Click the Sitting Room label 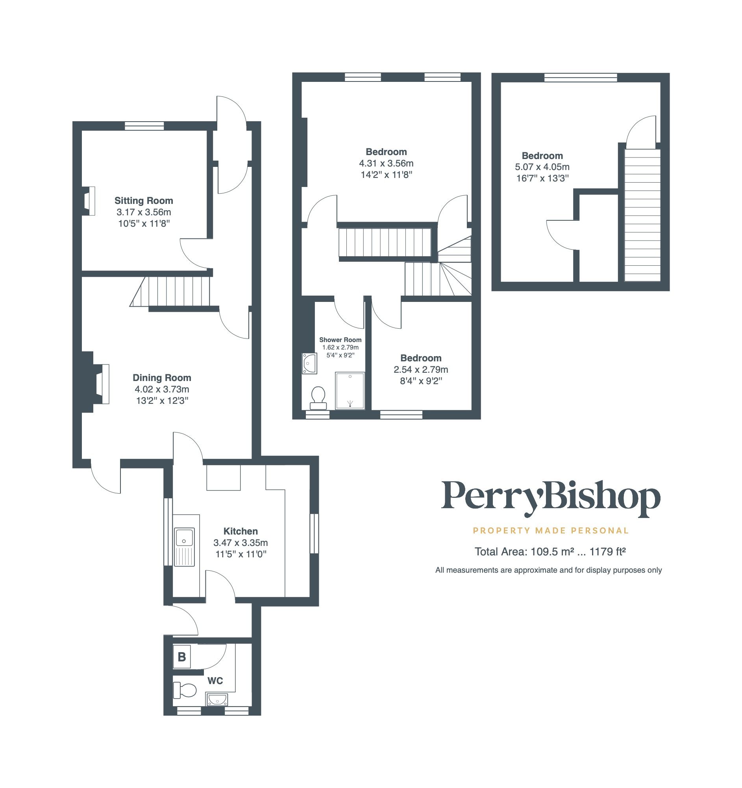pos(144,201)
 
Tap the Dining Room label pos(162,378)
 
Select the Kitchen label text pos(241,531)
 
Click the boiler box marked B pos(182,657)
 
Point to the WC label pos(215,681)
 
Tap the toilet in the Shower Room pos(318,398)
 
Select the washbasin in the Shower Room pos(309,363)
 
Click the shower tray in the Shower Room pos(350,390)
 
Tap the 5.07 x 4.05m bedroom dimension pos(542,167)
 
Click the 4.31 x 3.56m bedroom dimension pos(386,163)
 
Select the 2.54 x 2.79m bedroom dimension pos(420,370)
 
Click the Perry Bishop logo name pos(551,498)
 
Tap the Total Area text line pos(550,552)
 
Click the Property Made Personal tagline pos(551,530)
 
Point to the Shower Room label pos(340,340)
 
